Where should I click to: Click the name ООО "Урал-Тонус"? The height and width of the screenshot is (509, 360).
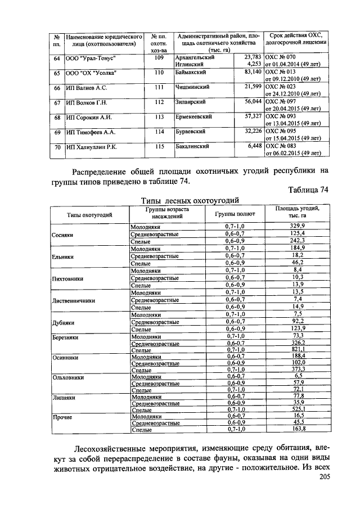coord(91,58)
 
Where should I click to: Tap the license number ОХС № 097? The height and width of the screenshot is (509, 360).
coord(280,102)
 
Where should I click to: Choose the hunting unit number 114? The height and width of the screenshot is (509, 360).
coord(159,132)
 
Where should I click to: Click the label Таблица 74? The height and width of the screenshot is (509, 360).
coord(307,191)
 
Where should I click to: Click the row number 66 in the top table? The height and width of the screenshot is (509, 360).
coord(56,88)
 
